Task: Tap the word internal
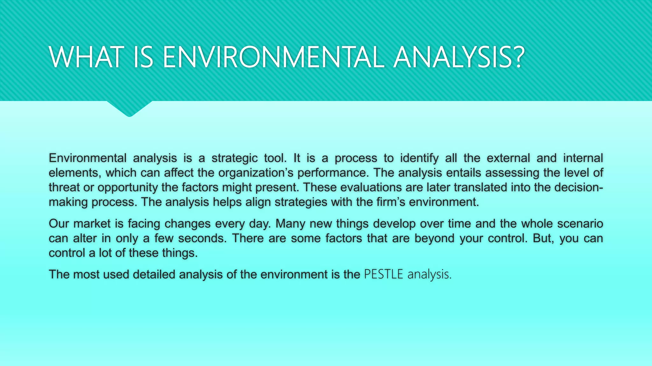coord(583,158)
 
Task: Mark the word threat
coord(64,187)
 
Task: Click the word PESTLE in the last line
coord(384,274)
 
